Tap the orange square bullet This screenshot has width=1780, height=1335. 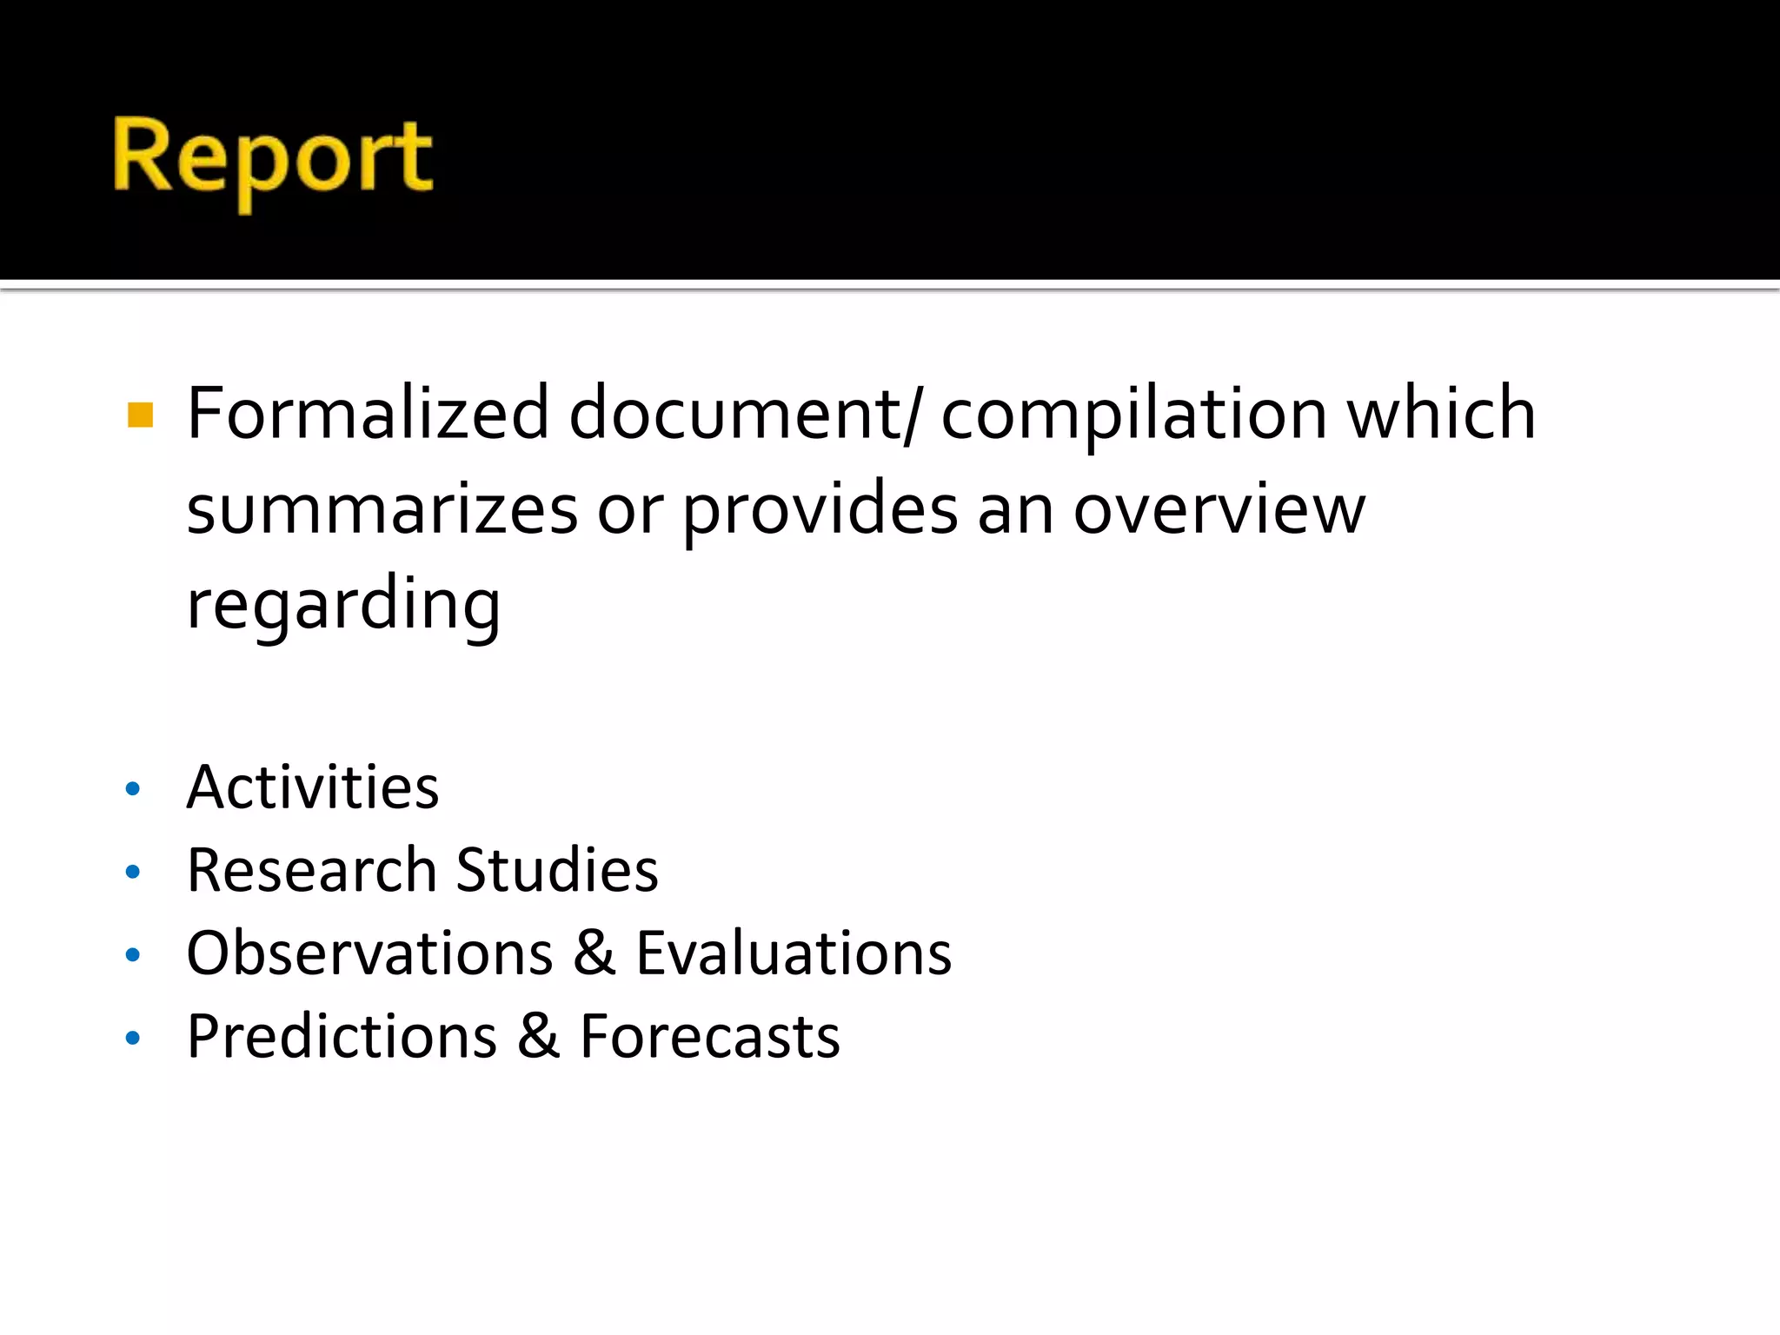coord(140,415)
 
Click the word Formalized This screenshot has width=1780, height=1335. coord(368,414)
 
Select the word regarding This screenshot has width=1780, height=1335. coord(343,605)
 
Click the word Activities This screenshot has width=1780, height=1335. coord(313,787)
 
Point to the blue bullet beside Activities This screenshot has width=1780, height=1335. coord(133,789)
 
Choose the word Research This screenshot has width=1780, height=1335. coord(311,870)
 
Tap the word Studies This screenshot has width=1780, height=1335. coord(557,870)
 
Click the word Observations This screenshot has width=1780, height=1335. coord(369,953)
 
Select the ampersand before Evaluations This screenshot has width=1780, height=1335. coord(594,953)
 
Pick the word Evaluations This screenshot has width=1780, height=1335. coord(794,953)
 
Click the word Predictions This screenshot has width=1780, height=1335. coord(342,1036)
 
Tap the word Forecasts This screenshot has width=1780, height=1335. coord(710,1036)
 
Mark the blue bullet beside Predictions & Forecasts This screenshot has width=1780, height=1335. coord(133,1038)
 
